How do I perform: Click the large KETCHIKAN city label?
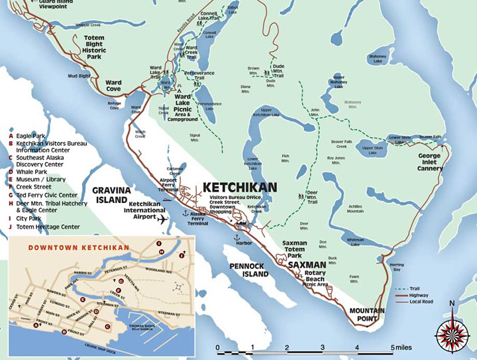point(239,187)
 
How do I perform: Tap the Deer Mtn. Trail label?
point(313,196)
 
